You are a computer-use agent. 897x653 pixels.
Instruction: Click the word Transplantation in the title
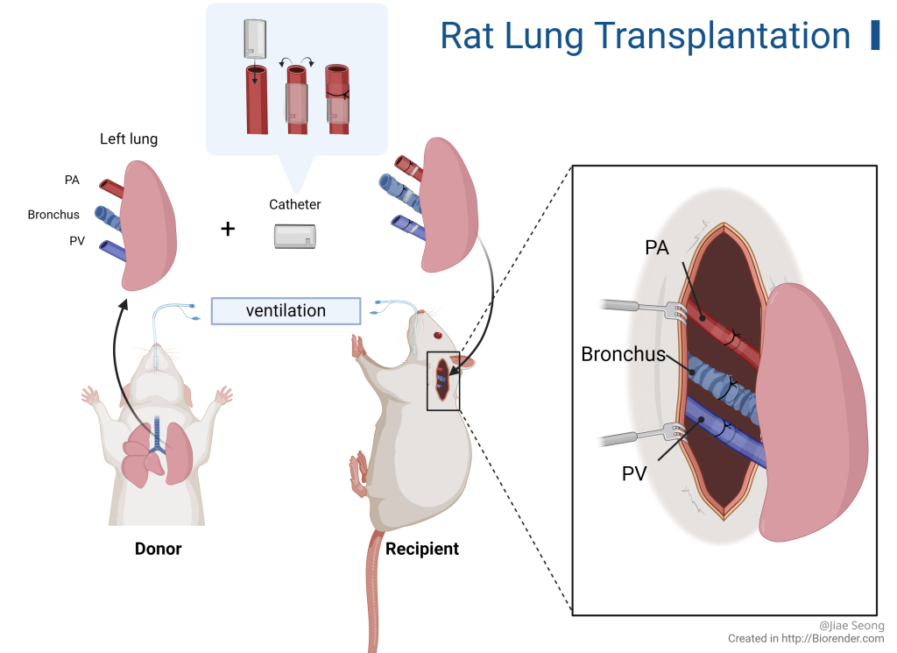[722, 36]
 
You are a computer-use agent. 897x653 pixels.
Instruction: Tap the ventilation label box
[286, 311]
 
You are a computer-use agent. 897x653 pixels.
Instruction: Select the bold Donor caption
[159, 550]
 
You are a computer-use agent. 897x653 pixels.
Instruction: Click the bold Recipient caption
[422, 550]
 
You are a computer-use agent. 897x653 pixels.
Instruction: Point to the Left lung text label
[129, 138]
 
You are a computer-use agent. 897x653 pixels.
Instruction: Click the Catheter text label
[294, 204]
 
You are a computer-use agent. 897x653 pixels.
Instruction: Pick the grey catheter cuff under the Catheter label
[294, 237]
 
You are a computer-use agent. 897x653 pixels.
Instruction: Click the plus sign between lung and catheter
[228, 230]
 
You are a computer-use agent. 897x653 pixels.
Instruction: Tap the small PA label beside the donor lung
[72, 181]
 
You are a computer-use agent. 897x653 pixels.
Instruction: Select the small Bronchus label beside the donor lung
[53, 215]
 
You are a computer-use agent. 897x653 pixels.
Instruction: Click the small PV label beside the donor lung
[77, 241]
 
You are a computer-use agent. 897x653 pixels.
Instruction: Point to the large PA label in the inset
[656, 248]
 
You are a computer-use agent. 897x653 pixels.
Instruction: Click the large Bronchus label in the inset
[623, 355]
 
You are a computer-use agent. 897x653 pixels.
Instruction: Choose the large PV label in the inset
[635, 474]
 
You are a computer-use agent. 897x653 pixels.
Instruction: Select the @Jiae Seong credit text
[851, 626]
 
